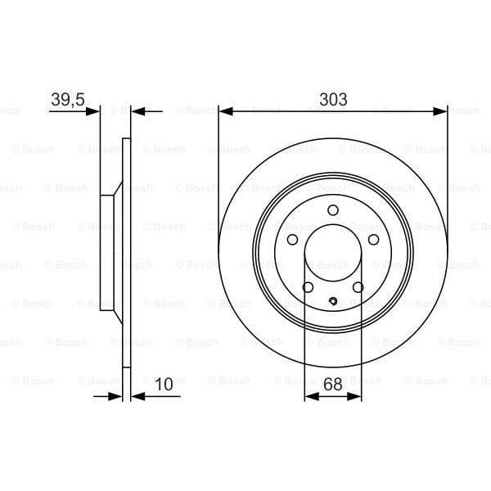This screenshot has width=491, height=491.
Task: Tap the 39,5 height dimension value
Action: [67, 99]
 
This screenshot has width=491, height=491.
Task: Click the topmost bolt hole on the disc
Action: [332, 210]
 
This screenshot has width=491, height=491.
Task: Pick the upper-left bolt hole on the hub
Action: [292, 240]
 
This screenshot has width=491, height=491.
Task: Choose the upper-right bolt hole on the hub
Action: [373, 240]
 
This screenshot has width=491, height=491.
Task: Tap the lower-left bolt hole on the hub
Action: [308, 287]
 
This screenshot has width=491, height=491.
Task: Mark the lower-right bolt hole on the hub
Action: [358, 287]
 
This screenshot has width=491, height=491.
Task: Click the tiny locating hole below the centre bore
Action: [333, 303]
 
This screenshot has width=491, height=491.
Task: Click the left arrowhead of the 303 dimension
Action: [223, 110]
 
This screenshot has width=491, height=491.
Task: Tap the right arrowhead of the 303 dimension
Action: [443, 110]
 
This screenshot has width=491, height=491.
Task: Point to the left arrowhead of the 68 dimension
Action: [309, 396]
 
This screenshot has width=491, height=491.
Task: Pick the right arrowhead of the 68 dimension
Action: [357, 396]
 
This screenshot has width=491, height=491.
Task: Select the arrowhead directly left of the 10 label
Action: [136, 396]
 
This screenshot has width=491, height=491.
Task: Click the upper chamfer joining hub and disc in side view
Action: [118, 188]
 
